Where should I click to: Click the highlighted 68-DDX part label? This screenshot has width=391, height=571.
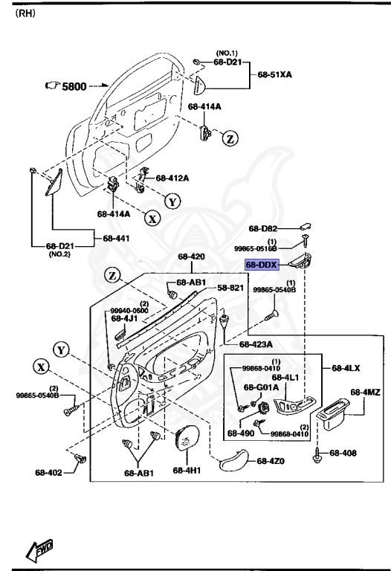[262, 264]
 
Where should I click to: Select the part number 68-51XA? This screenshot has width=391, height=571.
[276, 75]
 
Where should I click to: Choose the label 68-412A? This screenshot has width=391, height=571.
[172, 178]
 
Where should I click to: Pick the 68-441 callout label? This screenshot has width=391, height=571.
[116, 238]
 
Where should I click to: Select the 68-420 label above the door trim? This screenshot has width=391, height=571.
[191, 257]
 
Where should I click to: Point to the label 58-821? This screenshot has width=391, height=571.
[230, 287]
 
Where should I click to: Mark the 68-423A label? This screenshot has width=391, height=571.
[256, 344]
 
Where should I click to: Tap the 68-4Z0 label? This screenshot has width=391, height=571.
[272, 461]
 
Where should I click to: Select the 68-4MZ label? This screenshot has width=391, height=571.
[365, 392]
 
